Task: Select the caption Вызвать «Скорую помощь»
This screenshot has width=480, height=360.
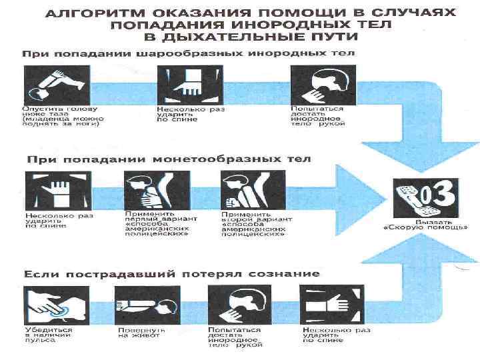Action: pyautogui.click(x=425, y=224)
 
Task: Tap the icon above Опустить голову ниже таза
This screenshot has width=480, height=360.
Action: pyautogui.click(x=52, y=85)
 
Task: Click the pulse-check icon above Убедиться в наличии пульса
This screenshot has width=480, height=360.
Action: pyautogui.click(x=51, y=305)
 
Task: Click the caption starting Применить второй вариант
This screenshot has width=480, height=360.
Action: pyautogui.click(x=253, y=225)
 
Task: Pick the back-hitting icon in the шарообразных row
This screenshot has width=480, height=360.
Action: pyautogui.click(x=185, y=85)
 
